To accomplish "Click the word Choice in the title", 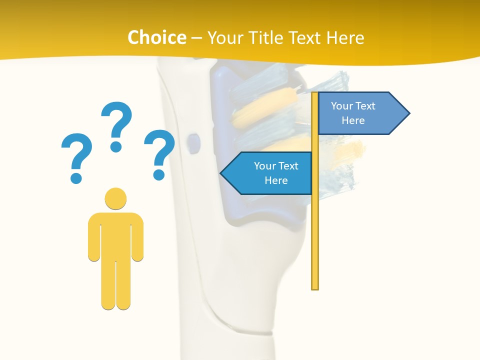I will pos(156,37).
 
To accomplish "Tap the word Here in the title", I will pos(345,37).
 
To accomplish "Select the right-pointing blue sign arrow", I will pos(357,113).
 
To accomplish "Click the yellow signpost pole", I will pos(315,225).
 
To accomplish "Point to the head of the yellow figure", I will pos(115,198).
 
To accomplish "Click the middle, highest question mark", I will pos(116,120).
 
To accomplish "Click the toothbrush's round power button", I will pos(192,142).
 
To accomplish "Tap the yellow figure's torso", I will pos(115,235).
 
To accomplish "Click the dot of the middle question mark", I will pos(116,146).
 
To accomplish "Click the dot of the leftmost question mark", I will pos(76,177).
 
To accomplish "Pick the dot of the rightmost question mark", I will pos(159,174).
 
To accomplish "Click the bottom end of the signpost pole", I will pos(315,287).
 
